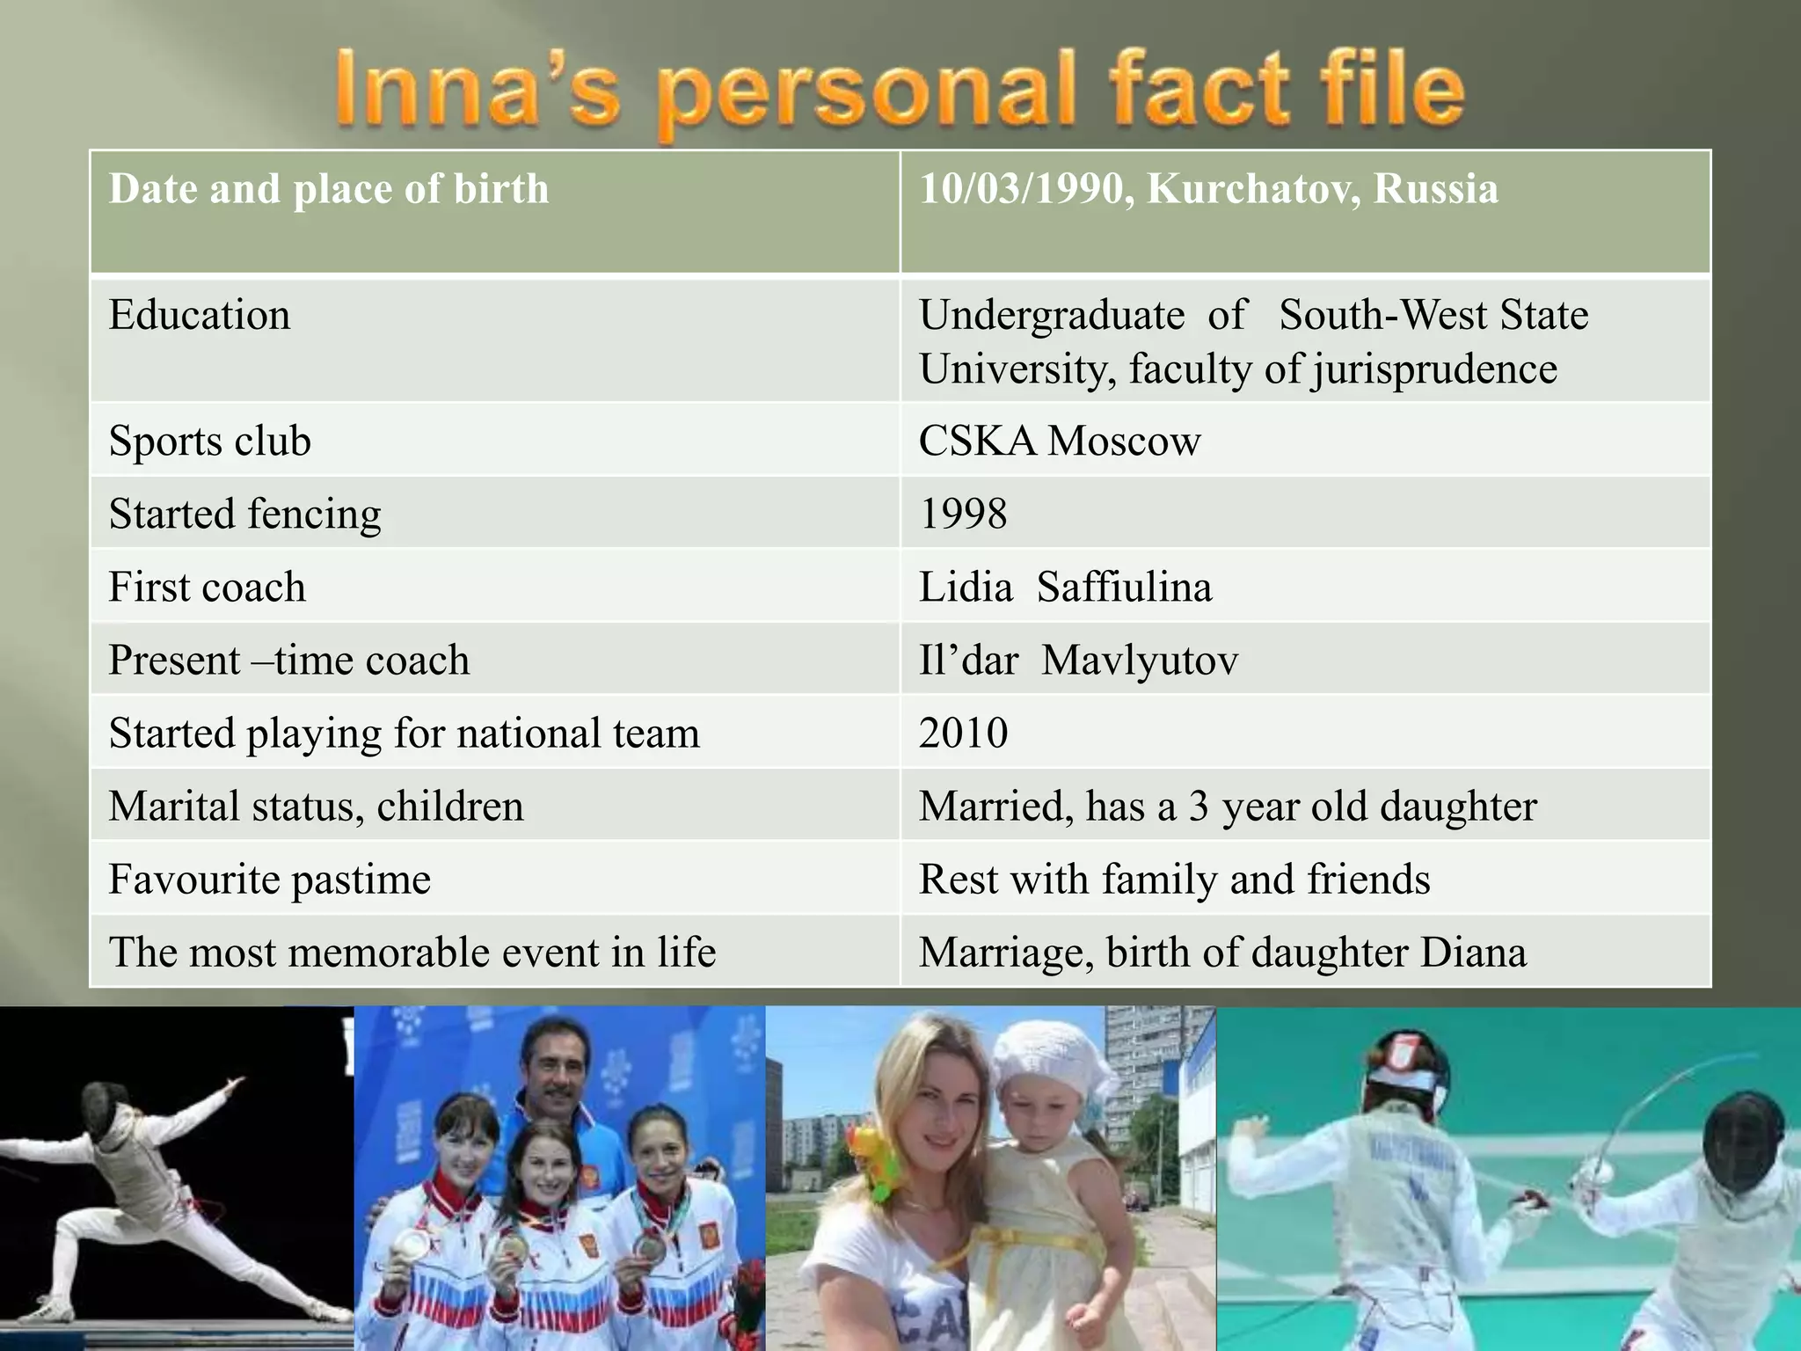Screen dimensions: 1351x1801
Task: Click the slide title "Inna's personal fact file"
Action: click(899, 91)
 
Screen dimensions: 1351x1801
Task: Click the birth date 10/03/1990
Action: click(1020, 189)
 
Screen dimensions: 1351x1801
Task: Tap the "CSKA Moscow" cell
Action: click(1059, 441)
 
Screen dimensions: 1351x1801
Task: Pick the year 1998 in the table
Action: click(962, 514)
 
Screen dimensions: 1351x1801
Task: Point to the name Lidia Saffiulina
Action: click(1065, 587)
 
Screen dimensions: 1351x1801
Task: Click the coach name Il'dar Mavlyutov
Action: click(1077, 660)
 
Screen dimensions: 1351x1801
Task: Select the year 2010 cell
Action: click(963, 733)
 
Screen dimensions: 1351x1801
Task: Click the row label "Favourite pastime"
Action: click(269, 879)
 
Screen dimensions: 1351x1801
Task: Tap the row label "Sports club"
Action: click(209, 441)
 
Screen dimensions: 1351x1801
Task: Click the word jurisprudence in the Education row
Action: click(1434, 369)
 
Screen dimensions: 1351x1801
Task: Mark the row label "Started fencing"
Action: click(244, 514)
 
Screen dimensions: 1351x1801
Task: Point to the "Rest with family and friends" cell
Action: click(1174, 879)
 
